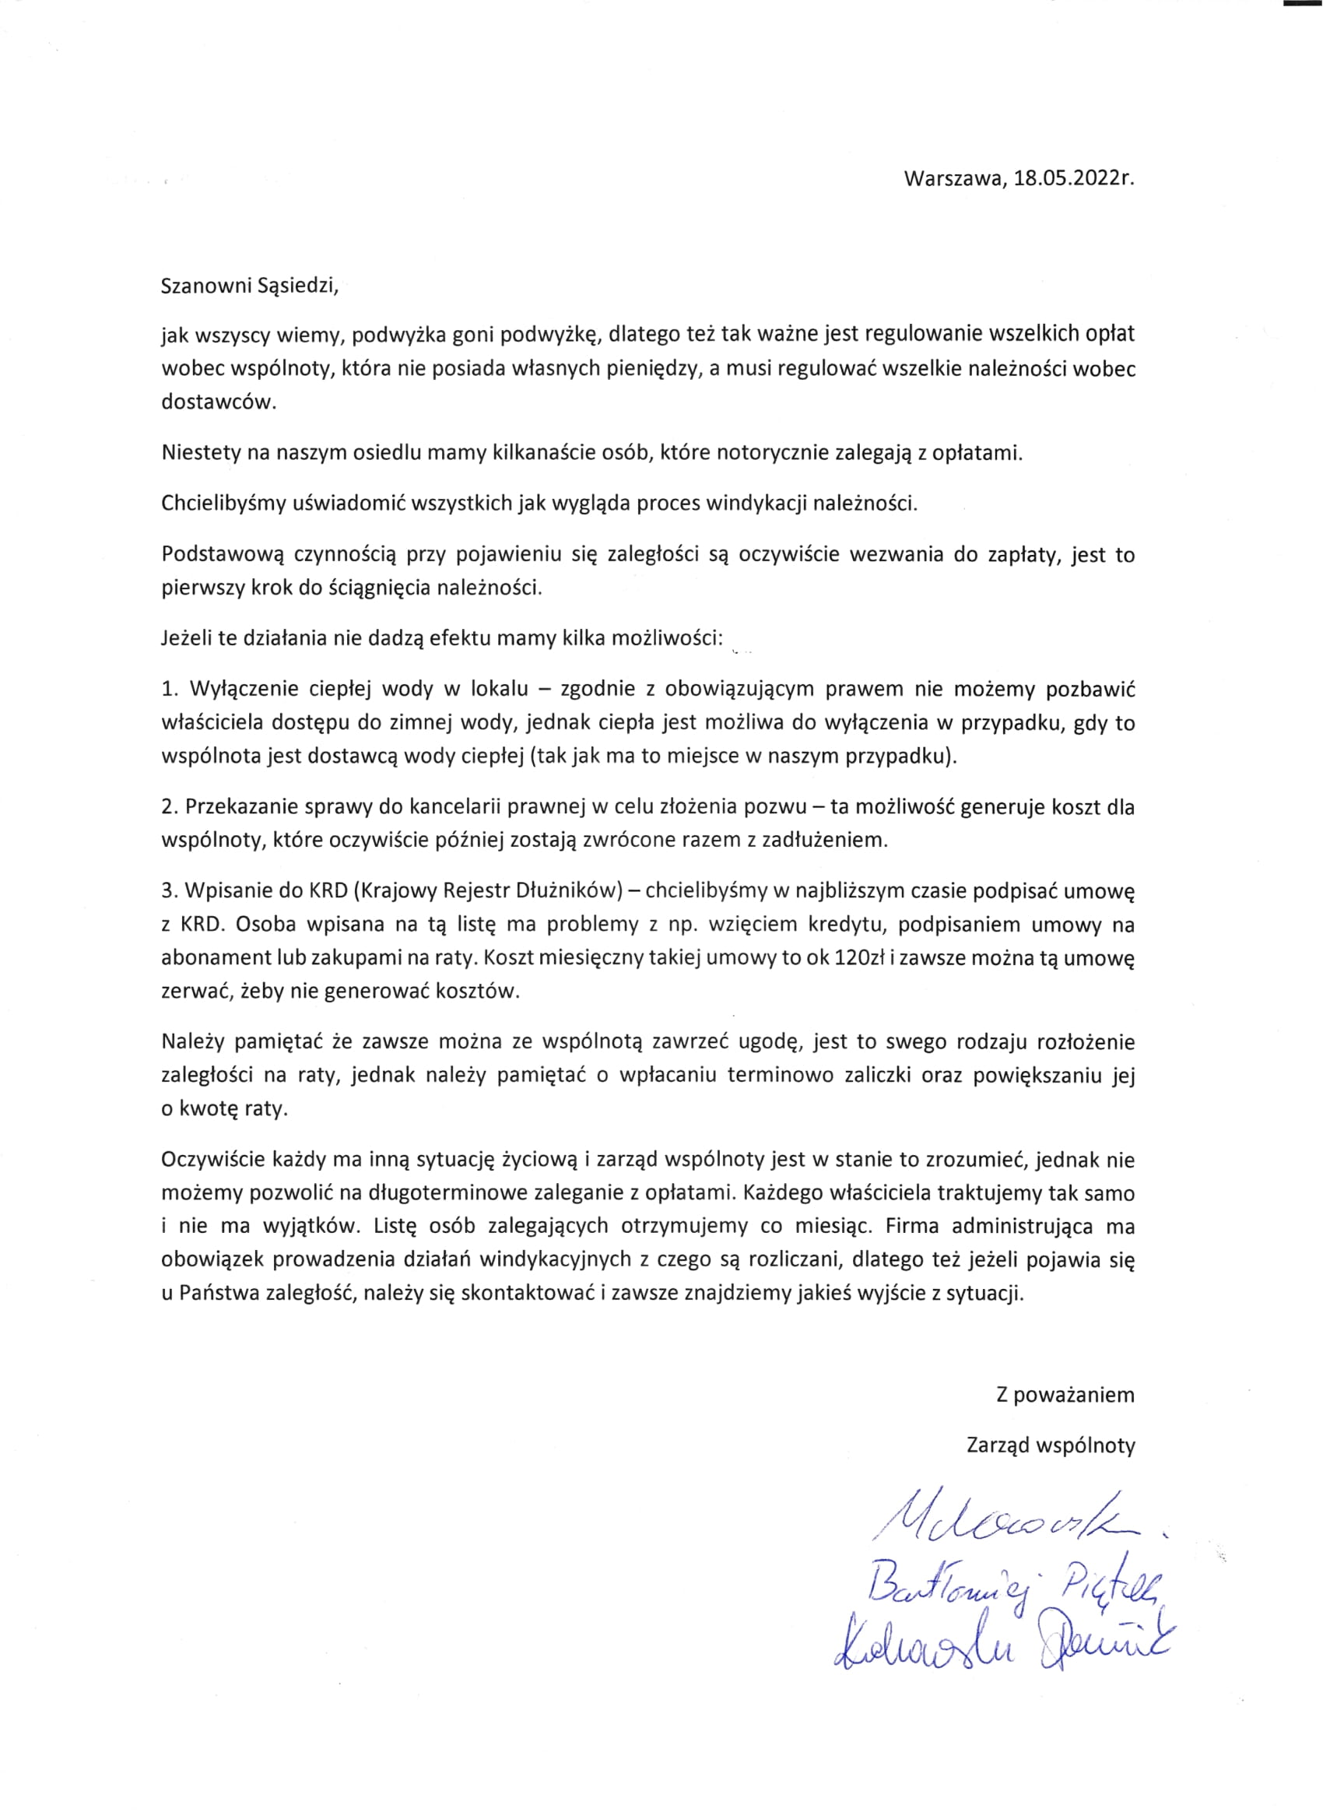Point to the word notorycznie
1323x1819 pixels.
tap(771, 452)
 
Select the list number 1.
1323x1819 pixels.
tap(168, 689)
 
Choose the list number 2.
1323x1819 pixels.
tap(168, 806)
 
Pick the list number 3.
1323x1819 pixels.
tap(168, 890)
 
